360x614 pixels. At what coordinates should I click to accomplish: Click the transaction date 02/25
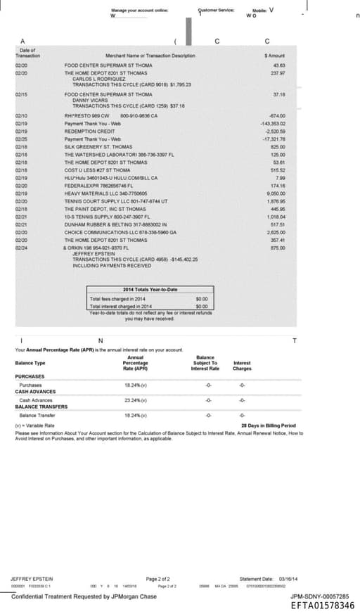(x=21, y=137)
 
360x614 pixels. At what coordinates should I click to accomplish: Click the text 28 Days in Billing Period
(x=268, y=426)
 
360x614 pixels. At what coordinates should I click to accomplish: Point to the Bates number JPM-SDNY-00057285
(x=324, y=596)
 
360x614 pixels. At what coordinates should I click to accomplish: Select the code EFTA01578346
(x=323, y=605)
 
